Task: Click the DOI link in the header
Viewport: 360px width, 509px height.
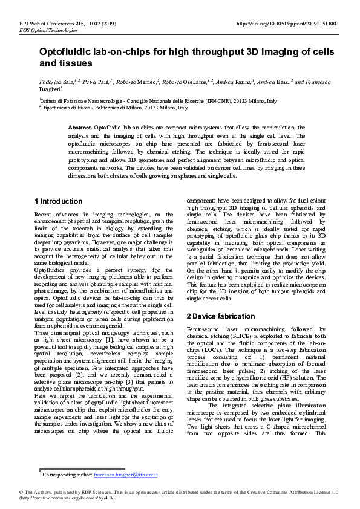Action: coord(286,24)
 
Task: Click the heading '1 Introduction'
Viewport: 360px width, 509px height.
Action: coord(59,201)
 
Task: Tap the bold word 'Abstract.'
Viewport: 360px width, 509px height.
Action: coord(80,128)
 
